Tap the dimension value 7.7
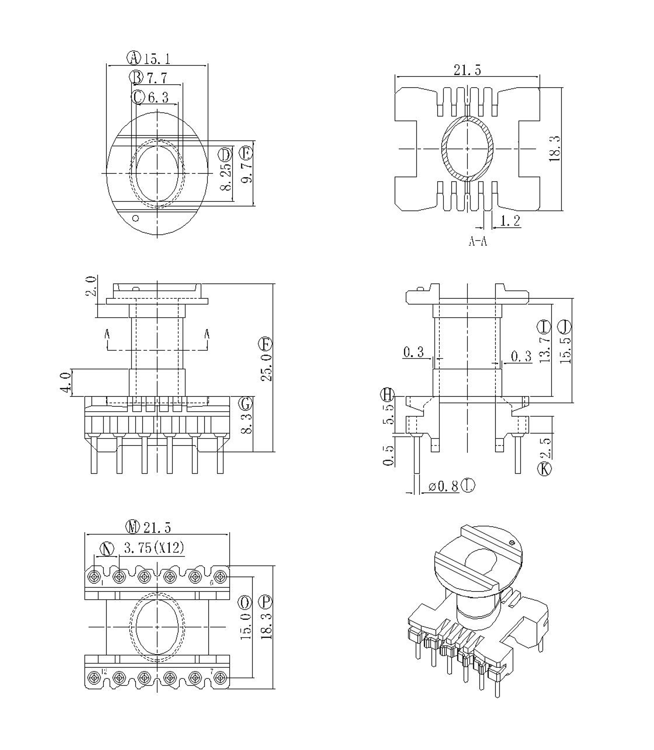pos(157,78)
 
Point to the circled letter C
pos(138,97)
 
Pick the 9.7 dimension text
pos(247,173)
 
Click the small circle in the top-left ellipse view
pos(136,219)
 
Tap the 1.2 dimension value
pos(510,221)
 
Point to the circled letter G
pos(246,404)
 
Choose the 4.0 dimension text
pos(66,382)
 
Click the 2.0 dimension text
pos(91,287)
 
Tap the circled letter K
pos(545,469)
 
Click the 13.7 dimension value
pos(545,349)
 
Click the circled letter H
pos(387,395)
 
